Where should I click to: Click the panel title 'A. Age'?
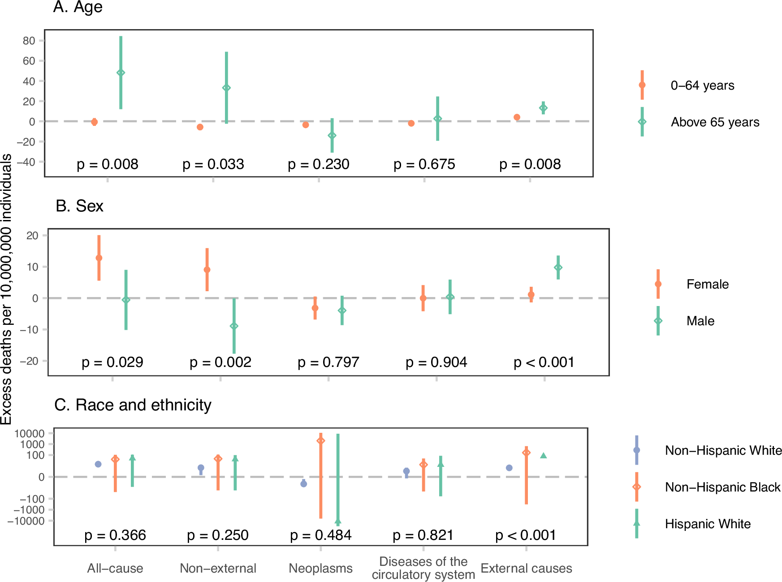78,7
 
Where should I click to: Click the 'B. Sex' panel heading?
79,206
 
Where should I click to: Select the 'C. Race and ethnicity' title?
133,405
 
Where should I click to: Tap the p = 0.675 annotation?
424,164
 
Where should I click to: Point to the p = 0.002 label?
220,362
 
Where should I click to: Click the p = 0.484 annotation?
320,535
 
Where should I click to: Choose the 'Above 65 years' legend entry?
714,122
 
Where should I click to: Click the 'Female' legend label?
707,285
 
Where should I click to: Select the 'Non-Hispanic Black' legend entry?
722,487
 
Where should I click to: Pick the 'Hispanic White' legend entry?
707,524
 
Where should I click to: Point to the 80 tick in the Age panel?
29,41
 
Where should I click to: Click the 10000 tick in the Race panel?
30,433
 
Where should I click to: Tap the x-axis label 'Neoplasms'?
320,569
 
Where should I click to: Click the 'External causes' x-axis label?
526,569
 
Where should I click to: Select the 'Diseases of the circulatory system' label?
423,568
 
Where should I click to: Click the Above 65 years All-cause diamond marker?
121,73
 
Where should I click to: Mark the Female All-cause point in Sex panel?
99,258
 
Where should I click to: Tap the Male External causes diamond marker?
558,267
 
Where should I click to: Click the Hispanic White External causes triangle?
543,456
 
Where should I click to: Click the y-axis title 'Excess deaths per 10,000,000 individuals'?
6,289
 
